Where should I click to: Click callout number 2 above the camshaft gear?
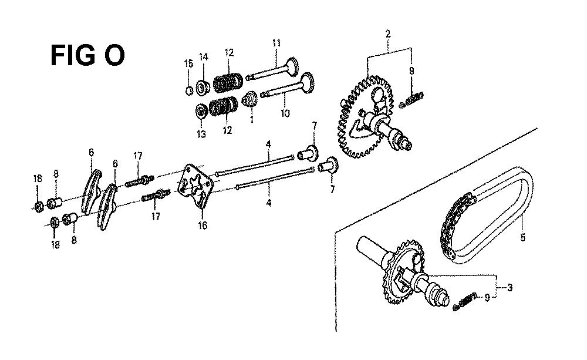tap(388, 33)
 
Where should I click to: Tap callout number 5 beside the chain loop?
tap(522, 237)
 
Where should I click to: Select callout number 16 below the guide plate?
tap(202, 226)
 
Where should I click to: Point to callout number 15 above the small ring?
tap(188, 63)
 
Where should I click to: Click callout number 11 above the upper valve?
tap(276, 43)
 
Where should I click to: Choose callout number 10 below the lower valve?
tap(285, 113)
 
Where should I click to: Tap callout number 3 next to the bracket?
tap(510, 288)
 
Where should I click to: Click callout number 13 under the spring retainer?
tap(201, 134)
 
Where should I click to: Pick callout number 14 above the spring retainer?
tap(203, 57)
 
